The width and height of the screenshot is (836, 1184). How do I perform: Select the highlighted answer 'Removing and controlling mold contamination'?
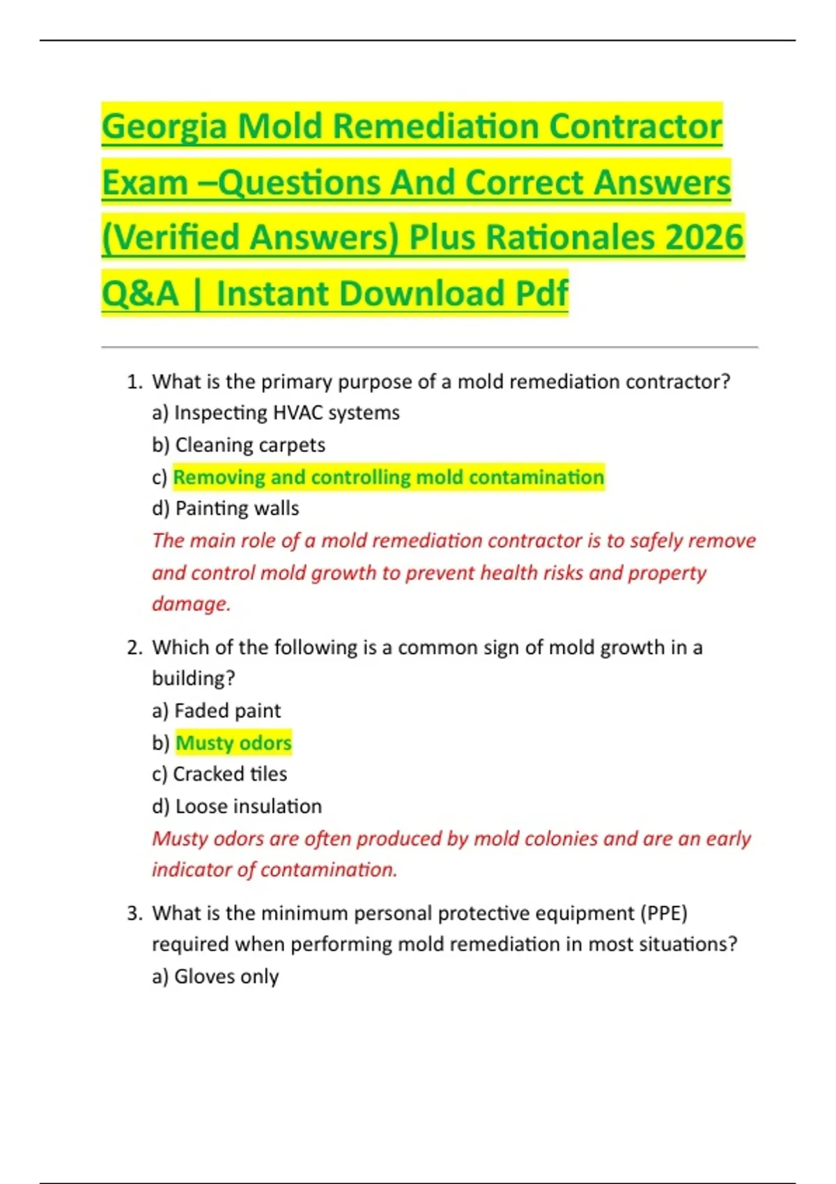pos(388,477)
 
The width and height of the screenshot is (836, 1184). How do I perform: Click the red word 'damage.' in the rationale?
pos(191,603)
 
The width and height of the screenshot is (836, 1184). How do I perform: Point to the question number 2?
pos(134,647)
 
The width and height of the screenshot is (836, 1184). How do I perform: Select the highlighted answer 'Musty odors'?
pos(233,742)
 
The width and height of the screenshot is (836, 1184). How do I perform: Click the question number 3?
pos(134,913)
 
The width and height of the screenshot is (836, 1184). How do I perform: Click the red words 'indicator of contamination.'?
pos(274,869)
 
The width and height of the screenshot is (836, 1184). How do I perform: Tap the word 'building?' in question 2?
pos(194,678)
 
